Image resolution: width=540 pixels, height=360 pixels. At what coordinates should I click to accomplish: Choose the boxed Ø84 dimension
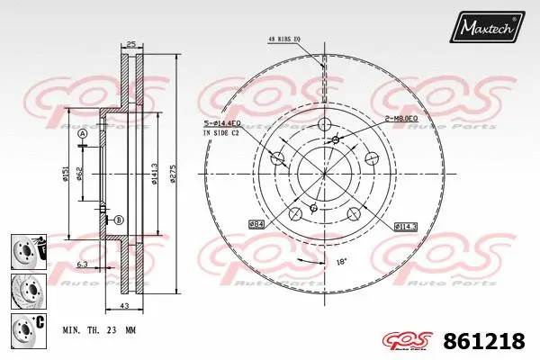pos(256,222)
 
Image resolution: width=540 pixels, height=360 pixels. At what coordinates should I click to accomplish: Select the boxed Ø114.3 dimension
pos(406,227)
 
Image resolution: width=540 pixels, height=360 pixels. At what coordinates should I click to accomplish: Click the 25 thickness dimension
pos(130,44)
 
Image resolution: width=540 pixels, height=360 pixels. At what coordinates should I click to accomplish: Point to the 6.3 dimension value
pos(82,265)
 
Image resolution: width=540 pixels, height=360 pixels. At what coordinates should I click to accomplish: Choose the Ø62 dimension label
pos(80,173)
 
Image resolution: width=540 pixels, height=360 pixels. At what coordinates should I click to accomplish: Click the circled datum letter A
pos(82,134)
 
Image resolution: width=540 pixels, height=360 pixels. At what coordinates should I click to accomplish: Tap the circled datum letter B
pos(118,220)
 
